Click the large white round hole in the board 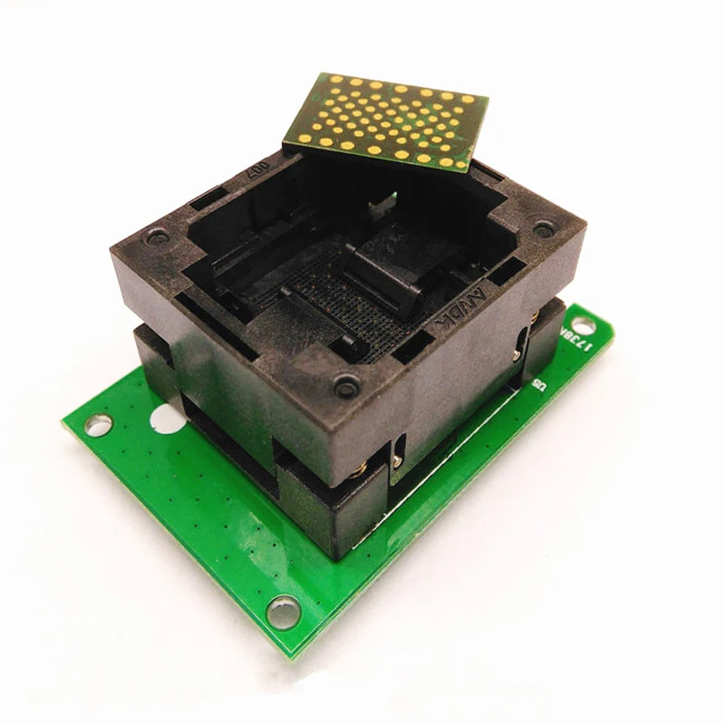[165, 420]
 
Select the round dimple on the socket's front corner [346, 386]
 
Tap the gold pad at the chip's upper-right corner [467, 101]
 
